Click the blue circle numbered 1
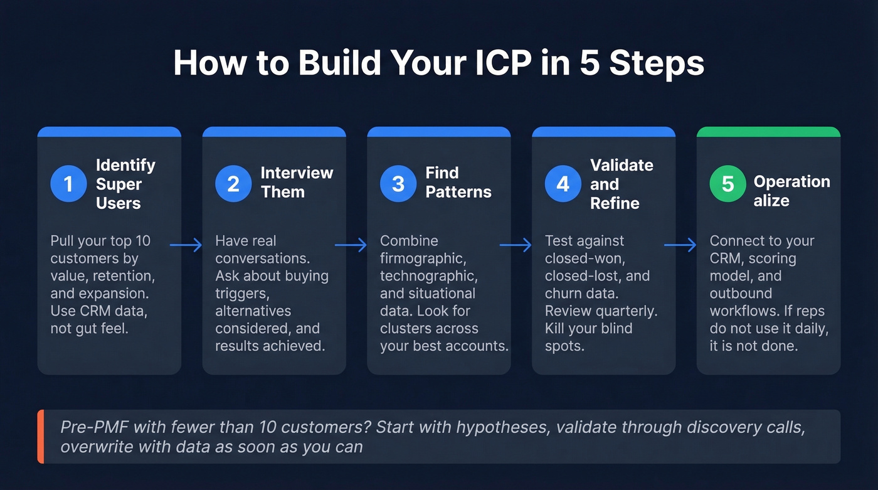pyautogui.click(x=68, y=184)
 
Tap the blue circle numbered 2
pyautogui.click(x=233, y=184)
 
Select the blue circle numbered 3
pyautogui.click(x=398, y=184)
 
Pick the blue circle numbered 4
pyautogui.click(x=563, y=184)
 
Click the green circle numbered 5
pyautogui.click(x=728, y=184)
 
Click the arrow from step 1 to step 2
pyautogui.click(x=186, y=245)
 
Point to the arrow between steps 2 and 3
pyautogui.click(x=351, y=245)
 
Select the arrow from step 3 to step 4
pyautogui.click(x=516, y=245)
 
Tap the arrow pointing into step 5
pyautogui.click(x=681, y=245)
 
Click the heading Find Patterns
pyautogui.click(x=458, y=182)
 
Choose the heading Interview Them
pyautogui.click(x=297, y=182)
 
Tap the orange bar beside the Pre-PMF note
pyautogui.click(x=41, y=437)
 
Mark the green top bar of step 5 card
pyautogui.click(x=768, y=132)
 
